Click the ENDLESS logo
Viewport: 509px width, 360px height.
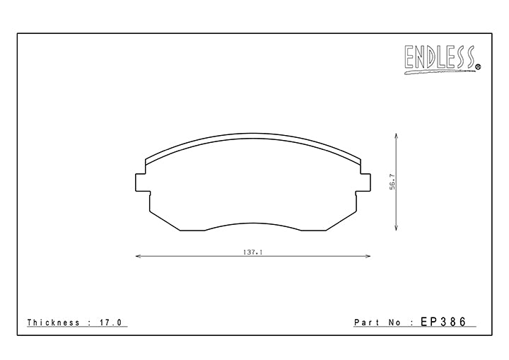pyautogui.click(x=443, y=59)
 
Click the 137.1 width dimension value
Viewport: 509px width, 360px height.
pyautogui.click(x=252, y=252)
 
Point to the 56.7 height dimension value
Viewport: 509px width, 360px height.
pyautogui.click(x=393, y=182)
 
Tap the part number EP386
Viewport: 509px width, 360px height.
pyautogui.click(x=443, y=322)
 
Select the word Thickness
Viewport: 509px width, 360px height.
pyautogui.click(x=54, y=323)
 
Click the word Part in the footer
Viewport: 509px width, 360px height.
pyautogui.click(x=367, y=323)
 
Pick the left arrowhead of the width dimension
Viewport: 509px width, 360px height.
pyautogui.click(x=138, y=256)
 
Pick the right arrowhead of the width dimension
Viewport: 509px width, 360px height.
pyautogui.click(x=368, y=256)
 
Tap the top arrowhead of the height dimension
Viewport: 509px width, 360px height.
pyautogui.click(x=397, y=135)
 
